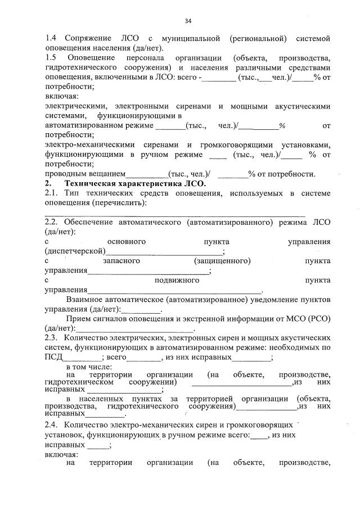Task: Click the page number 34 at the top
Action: pos(188,21)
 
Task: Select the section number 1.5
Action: pos(51,58)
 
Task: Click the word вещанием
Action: pos(107,174)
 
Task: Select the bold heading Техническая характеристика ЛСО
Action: pos(135,183)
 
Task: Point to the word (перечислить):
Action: pos(127,202)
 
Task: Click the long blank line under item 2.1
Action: pos(175,214)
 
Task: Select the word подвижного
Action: pos(177,280)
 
